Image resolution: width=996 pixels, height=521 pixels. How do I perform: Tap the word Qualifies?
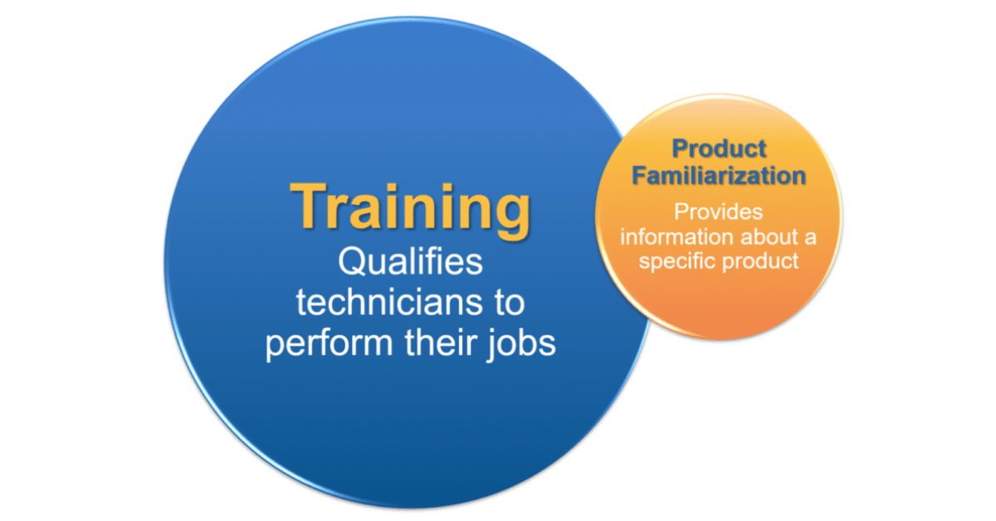[x=410, y=262]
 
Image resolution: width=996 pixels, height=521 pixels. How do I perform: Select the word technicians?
[x=388, y=302]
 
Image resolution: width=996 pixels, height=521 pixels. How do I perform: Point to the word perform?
[x=329, y=344]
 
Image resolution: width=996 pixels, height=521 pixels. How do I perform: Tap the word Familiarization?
[x=719, y=175]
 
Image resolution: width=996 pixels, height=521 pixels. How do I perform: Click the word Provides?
[x=719, y=212]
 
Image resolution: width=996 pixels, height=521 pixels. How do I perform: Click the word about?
[x=769, y=236]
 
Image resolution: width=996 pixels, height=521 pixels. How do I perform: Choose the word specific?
[x=677, y=262]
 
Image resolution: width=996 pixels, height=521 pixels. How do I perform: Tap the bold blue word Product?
[x=719, y=149]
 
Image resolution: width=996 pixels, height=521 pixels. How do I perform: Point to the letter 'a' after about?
[x=811, y=239]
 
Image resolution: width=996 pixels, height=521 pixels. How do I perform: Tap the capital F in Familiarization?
[x=639, y=175]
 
